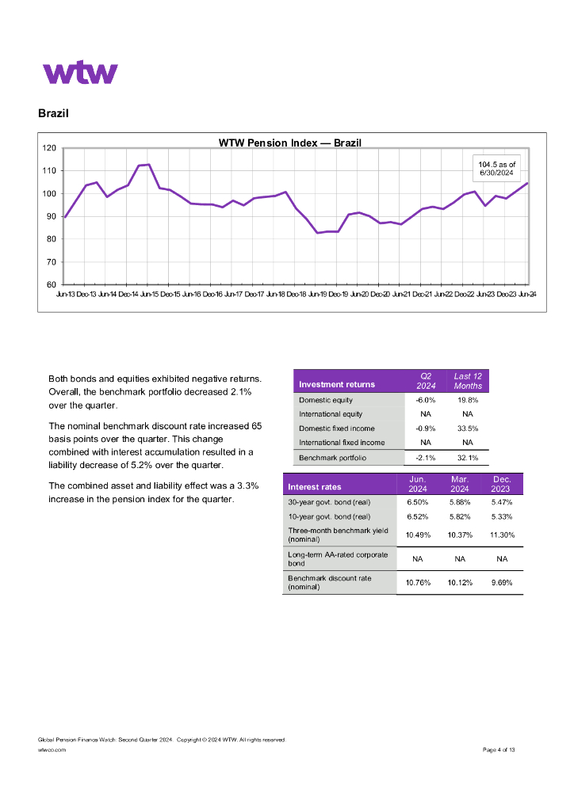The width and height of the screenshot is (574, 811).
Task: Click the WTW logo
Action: click(x=80, y=73)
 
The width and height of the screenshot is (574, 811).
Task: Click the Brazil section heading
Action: click(x=53, y=113)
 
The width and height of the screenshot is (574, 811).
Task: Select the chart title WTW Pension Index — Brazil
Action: click(x=289, y=143)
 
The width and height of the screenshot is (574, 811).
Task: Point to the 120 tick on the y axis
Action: click(x=49, y=148)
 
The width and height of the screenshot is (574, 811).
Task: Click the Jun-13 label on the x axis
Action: click(x=67, y=295)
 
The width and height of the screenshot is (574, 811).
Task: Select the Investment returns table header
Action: click(x=337, y=385)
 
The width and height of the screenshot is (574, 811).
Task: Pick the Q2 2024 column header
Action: click(x=426, y=381)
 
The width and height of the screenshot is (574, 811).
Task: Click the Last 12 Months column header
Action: click(x=468, y=381)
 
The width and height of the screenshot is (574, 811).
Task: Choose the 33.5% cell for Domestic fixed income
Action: click(x=468, y=428)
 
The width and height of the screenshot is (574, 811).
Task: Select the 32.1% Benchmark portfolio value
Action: click(x=468, y=458)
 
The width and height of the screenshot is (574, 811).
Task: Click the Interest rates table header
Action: click(x=315, y=487)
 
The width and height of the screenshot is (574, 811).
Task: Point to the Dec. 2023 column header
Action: click(x=501, y=484)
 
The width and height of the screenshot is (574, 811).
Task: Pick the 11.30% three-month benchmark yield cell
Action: click(x=501, y=535)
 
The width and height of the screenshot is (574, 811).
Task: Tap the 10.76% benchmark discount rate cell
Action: click(x=418, y=583)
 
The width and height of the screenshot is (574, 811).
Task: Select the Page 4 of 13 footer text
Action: click(x=499, y=749)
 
